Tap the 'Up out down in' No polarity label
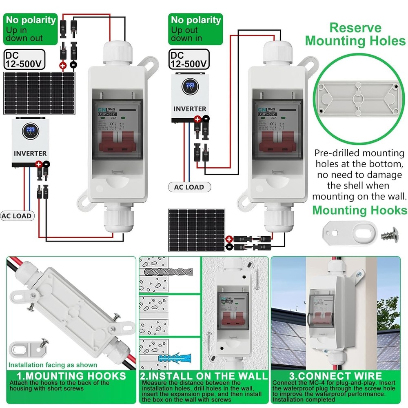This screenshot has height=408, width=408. tap(196, 29)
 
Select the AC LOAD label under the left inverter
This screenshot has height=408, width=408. tap(17, 216)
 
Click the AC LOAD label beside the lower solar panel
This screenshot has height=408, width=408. tap(189, 187)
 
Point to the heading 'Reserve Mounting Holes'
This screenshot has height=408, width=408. tap(355, 34)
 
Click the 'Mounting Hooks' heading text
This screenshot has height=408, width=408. tap(359, 210)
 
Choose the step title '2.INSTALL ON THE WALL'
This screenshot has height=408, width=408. tap(204, 376)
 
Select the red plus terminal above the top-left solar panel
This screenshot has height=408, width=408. tap(63, 65)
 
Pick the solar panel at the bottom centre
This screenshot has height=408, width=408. tap(197, 230)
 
